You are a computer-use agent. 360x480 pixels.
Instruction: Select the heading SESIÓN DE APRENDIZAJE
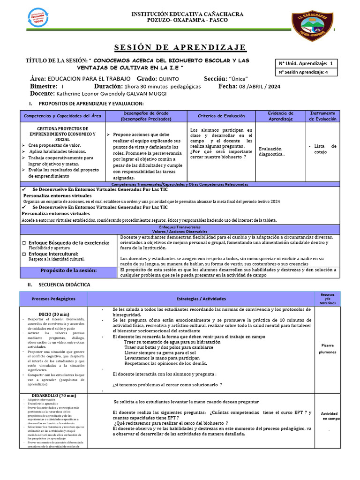[180, 47]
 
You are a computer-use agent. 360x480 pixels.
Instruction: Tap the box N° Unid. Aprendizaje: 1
[306, 63]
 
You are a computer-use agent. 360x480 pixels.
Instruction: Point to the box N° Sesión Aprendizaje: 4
[307, 72]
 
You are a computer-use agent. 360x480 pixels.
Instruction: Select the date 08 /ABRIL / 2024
[267, 87]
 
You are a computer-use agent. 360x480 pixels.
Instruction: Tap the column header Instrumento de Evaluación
[323, 116]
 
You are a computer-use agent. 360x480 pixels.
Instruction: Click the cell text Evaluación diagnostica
[272, 151]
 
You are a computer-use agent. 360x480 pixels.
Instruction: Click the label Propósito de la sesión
[68, 270]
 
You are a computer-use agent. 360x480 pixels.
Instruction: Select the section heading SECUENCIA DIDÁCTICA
[65, 285]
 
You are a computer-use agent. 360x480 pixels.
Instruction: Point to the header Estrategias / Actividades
[201, 299]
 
